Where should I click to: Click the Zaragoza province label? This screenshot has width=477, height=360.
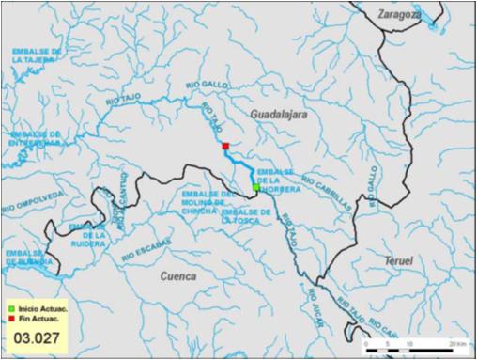[398, 14]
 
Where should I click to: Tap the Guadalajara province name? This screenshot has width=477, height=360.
[279, 113]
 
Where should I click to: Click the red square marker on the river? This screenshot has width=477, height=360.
[225, 146]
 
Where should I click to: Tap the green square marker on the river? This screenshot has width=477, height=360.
[255, 188]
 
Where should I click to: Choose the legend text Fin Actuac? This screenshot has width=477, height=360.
[34, 318]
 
